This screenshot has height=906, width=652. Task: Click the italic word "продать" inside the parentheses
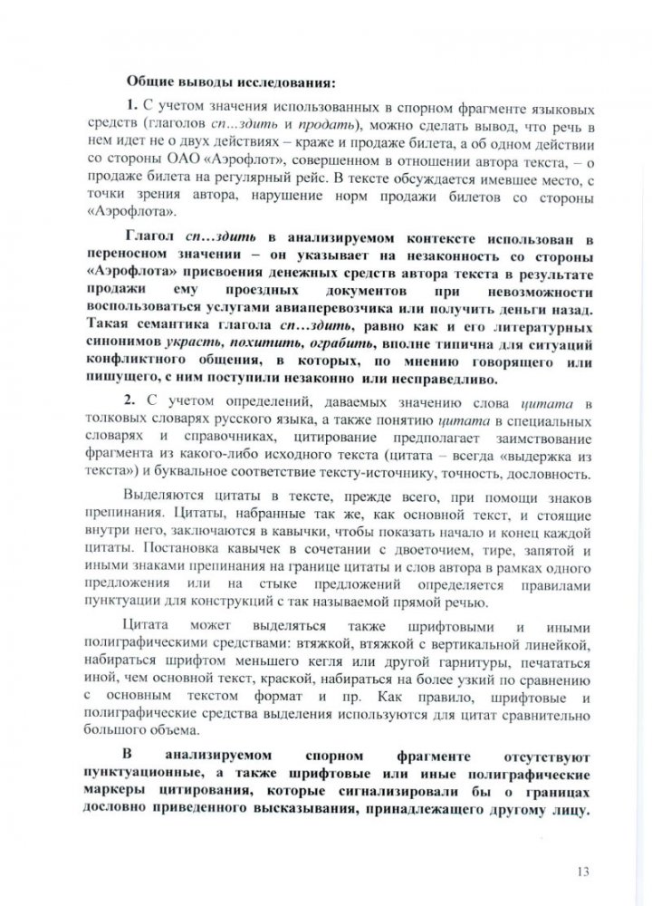point(335,124)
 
